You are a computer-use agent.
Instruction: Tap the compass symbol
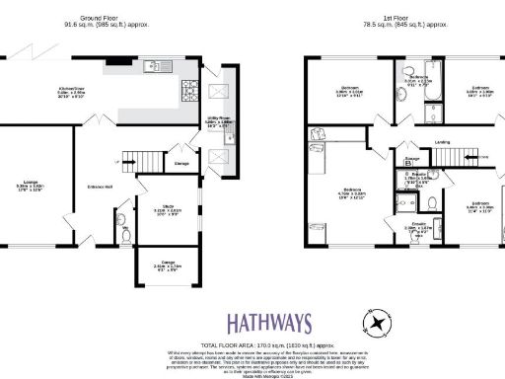click(376, 323)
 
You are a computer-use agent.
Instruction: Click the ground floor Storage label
click(182, 164)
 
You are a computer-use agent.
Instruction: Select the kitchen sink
click(154, 68)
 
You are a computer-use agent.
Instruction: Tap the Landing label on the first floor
click(443, 142)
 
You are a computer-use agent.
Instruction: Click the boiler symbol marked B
click(408, 165)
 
